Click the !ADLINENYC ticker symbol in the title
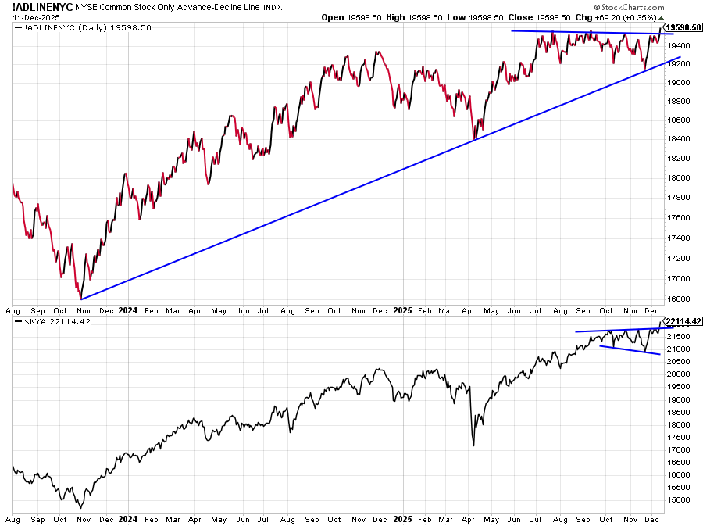pyautogui.click(x=43, y=7)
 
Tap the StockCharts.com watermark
pyautogui.click(x=629, y=7)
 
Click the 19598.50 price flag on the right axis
pyautogui.click(x=683, y=27)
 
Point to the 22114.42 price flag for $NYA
pyautogui.click(x=683, y=321)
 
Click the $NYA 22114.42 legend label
pyautogui.click(x=57, y=321)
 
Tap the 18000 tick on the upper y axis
pyautogui.click(x=678, y=177)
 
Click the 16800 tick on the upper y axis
pyautogui.click(x=678, y=299)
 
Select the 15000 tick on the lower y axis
pyautogui.click(x=678, y=500)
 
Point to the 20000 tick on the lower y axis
pyautogui.click(x=678, y=374)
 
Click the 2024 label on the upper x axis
pyautogui.click(x=128, y=310)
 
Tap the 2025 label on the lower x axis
pyautogui.click(x=402, y=519)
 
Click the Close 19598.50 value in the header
pyautogui.click(x=539, y=17)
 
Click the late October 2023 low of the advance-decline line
pyautogui.click(x=80, y=299)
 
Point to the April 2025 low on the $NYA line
pyautogui.click(x=474, y=445)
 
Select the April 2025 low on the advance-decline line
pyautogui.click(x=474, y=139)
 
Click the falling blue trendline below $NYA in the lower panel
pyautogui.click(x=630, y=350)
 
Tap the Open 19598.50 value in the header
pyautogui.click(x=351, y=17)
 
